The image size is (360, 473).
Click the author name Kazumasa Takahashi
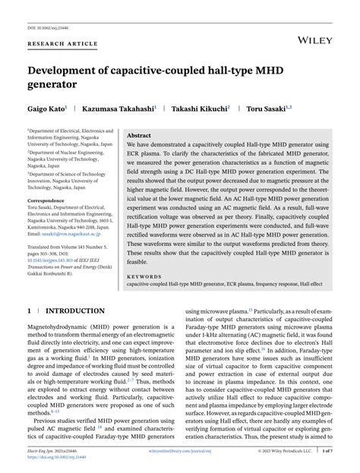coord(118,109)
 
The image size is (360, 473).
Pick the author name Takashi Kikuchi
coord(199,109)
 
